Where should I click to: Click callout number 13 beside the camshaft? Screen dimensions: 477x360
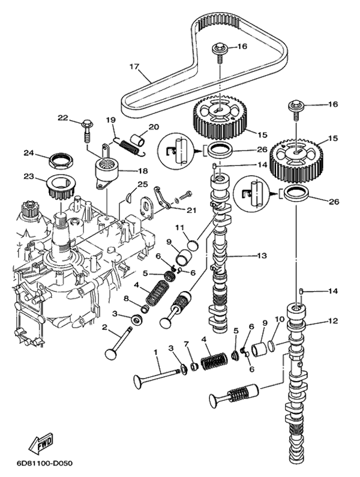[x=262, y=256]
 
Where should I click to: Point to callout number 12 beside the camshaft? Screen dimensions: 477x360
[x=332, y=322]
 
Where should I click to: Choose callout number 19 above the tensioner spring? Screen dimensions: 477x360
[x=110, y=120]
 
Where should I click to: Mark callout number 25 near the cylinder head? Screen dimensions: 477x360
[x=142, y=184]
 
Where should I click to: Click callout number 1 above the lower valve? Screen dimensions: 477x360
[x=155, y=351]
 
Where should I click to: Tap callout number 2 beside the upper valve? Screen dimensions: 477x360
[x=104, y=328]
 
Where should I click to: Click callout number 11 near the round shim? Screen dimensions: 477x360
[x=179, y=227]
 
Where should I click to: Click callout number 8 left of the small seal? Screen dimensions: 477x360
[x=125, y=298]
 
